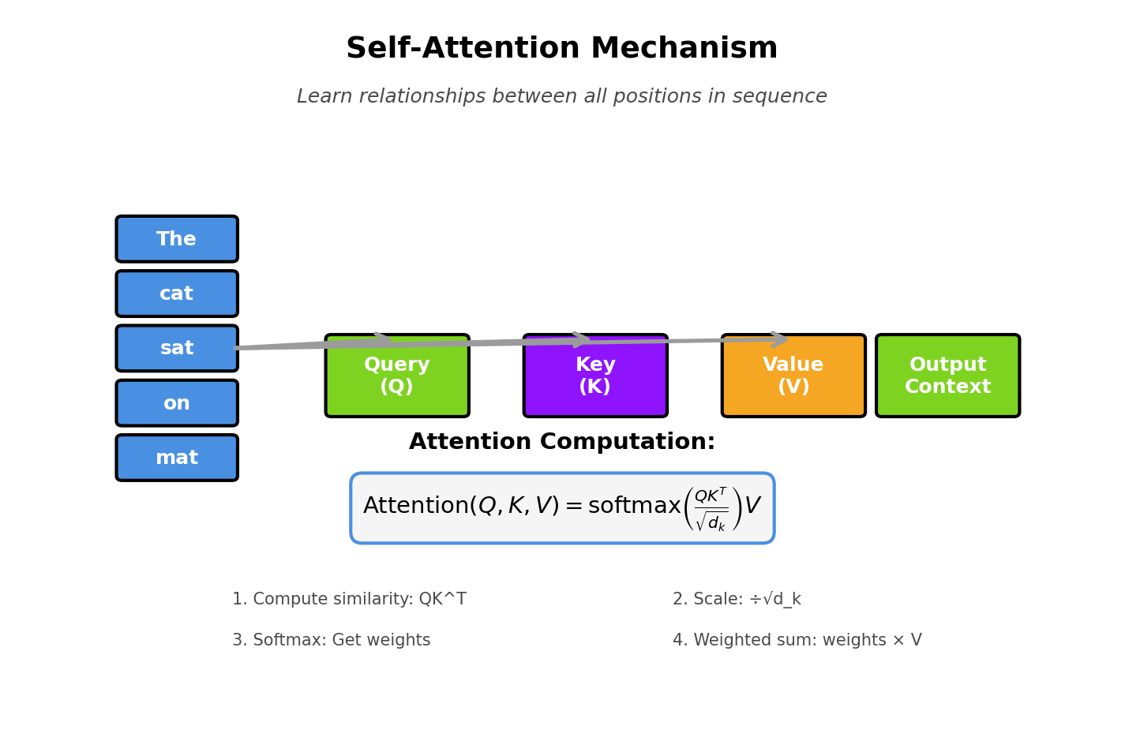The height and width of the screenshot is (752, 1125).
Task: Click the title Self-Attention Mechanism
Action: click(561, 49)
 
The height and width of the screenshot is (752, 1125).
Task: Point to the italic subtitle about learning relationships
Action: click(561, 97)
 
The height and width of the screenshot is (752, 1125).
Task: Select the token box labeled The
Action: click(177, 239)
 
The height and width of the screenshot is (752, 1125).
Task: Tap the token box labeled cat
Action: click(177, 294)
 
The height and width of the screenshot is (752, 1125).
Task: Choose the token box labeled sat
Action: click(177, 349)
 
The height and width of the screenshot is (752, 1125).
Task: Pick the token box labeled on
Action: click(177, 403)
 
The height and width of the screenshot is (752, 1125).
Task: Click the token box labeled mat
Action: click(177, 458)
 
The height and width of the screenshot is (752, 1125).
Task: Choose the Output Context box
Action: click(947, 376)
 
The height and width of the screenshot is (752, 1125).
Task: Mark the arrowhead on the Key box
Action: click(583, 339)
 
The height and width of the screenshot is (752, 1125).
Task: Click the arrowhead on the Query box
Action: click(384, 339)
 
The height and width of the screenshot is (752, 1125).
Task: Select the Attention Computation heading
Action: click(561, 442)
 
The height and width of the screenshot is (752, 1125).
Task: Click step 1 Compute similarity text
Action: click(349, 600)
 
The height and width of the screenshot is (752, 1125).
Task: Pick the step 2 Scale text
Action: click(737, 600)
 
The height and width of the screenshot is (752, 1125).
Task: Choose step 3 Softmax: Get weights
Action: click(331, 641)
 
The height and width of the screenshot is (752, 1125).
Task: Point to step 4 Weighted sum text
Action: click(797, 641)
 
